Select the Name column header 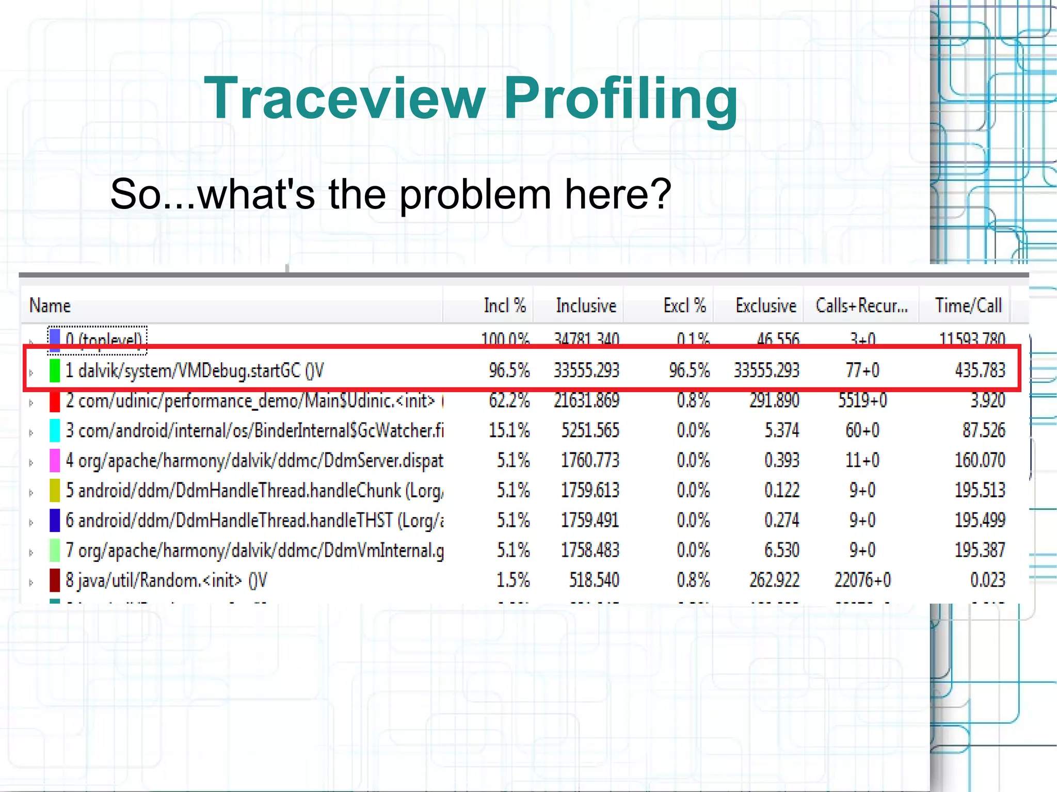[x=50, y=306]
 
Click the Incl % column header [x=504, y=306]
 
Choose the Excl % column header [x=684, y=306]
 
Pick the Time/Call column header [x=968, y=306]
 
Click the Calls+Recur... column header [x=861, y=306]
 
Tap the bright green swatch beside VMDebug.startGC [x=55, y=370]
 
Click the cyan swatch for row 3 [x=55, y=430]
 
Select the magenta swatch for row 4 [x=55, y=460]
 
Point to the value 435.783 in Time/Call [x=980, y=370]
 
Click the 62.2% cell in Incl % [x=509, y=400]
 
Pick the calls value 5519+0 [x=862, y=400]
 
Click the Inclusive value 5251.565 [x=590, y=430]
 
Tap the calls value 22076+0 [x=862, y=580]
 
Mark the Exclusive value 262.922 [x=774, y=580]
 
